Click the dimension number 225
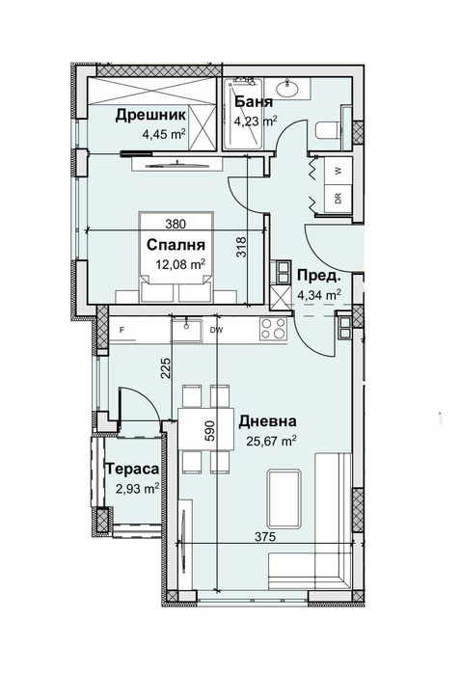(x=165, y=367)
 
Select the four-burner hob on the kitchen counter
(x=274, y=330)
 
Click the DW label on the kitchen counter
(x=217, y=330)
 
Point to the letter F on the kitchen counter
(x=122, y=330)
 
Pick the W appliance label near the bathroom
(x=337, y=168)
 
